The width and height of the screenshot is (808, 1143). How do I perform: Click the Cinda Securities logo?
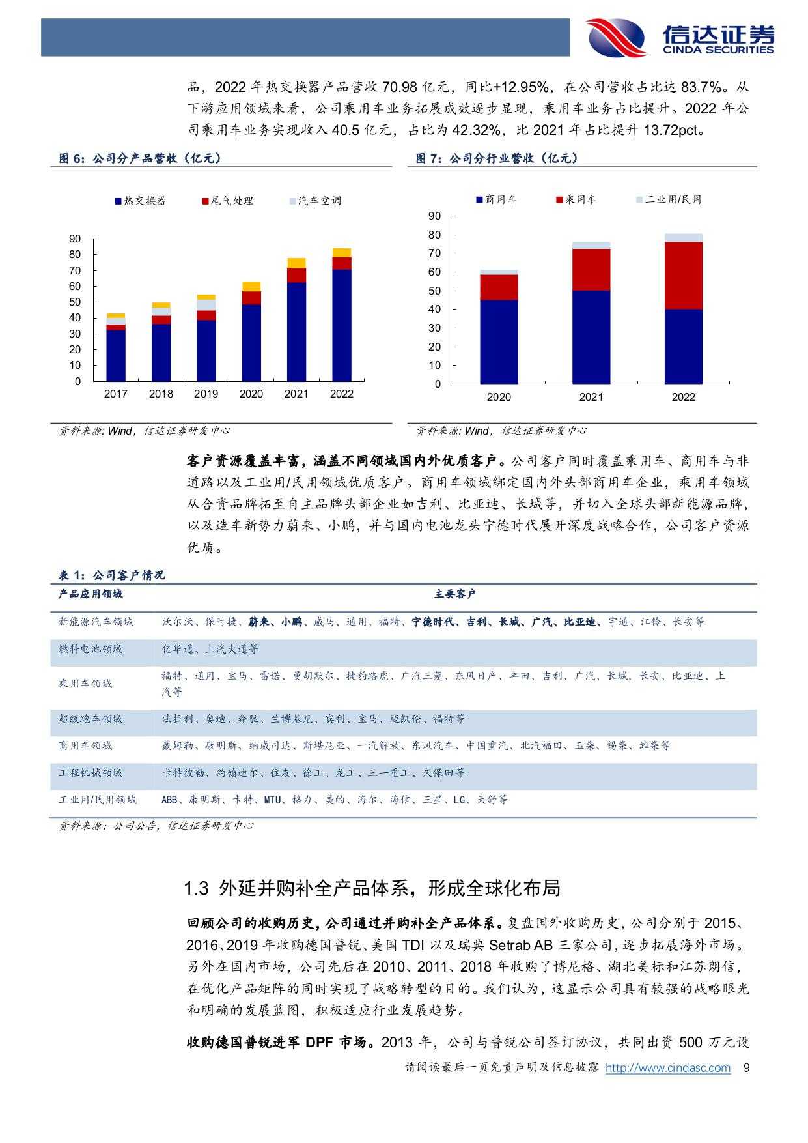(680, 38)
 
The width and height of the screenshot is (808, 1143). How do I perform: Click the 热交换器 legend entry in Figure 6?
(140, 201)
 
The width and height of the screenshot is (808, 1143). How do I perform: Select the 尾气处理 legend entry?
(227, 201)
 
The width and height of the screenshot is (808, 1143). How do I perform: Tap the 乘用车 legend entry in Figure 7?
(576, 200)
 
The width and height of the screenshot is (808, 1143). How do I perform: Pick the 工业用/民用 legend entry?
(669, 200)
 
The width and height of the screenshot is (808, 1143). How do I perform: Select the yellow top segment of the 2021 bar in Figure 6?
(296, 263)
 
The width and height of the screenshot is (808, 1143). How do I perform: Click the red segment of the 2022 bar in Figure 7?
(683, 275)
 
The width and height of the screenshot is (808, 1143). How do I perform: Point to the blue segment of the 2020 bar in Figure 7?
(499, 341)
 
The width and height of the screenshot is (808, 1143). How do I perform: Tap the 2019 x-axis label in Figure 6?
(206, 394)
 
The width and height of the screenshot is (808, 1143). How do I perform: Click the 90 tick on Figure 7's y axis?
(434, 216)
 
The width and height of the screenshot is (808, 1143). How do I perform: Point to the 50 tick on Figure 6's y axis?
(75, 302)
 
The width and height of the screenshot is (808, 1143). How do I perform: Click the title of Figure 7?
(497, 158)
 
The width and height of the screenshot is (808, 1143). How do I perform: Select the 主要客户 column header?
(454, 594)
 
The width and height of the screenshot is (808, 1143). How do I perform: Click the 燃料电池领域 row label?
(91, 649)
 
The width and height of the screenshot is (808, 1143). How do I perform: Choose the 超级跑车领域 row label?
(91, 719)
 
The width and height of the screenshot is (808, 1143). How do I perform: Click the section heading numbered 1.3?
(372, 888)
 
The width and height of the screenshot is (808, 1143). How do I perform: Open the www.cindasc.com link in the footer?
(667, 1068)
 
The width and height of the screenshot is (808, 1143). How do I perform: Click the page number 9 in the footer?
(747, 1068)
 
